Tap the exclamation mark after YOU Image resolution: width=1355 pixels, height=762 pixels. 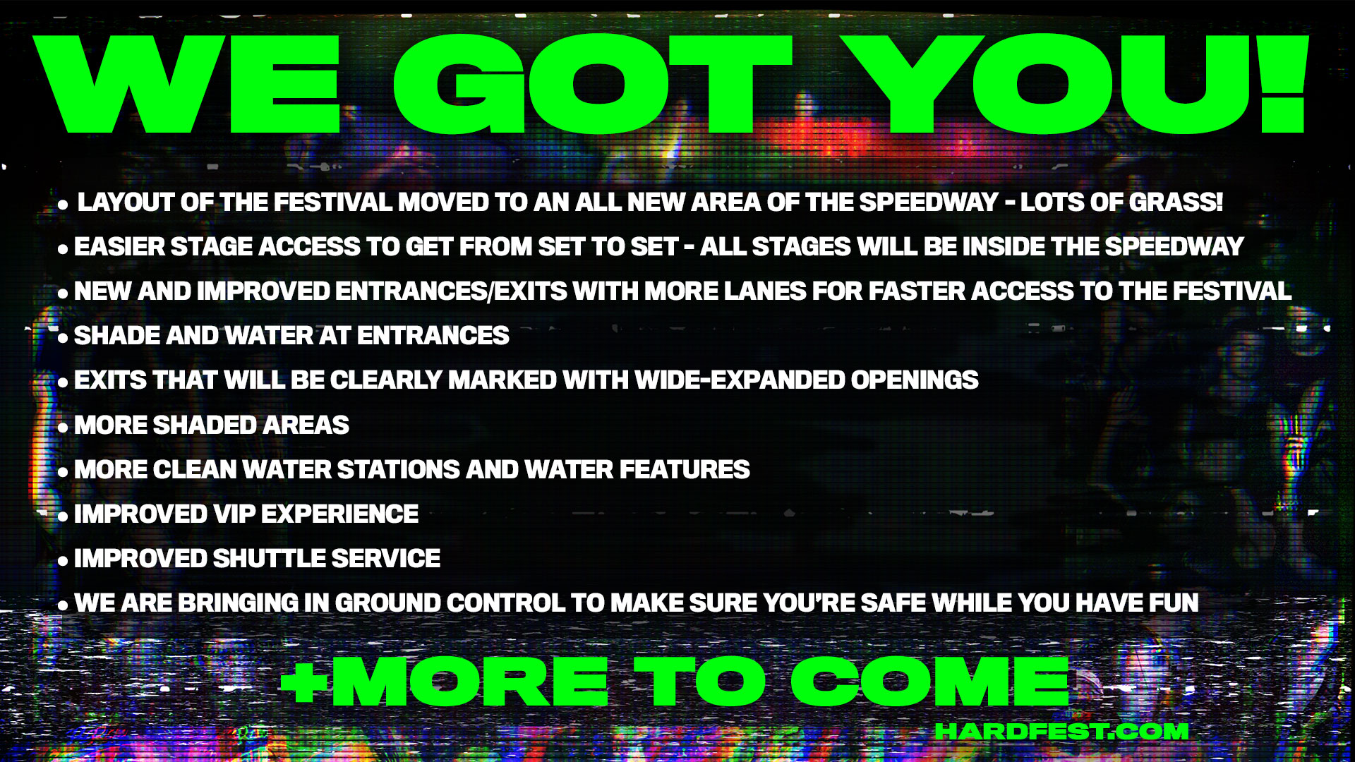tap(1283, 83)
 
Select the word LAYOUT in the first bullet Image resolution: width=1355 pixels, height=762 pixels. tap(126, 202)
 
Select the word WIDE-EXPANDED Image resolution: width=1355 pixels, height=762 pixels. tap(740, 380)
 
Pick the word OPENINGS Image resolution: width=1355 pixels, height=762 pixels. tap(915, 380)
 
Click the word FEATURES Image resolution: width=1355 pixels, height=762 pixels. tap(685, 470)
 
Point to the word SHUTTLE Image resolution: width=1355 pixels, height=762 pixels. tap(269, 559)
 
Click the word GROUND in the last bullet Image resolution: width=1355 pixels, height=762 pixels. tap(387, 603)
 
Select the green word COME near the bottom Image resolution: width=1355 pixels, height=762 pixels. tap(930, 682)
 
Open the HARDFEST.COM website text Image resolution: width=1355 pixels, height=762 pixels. tap(1061, 732)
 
